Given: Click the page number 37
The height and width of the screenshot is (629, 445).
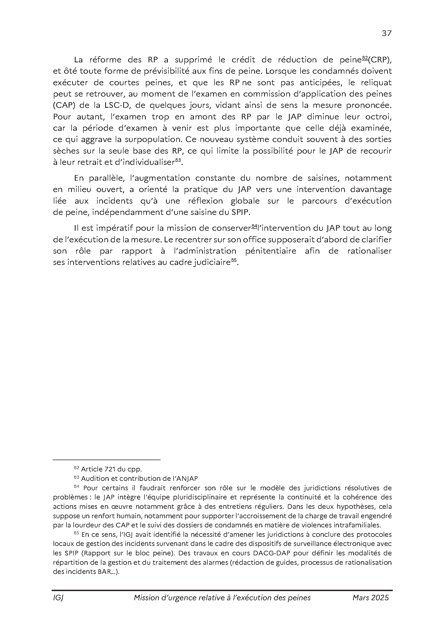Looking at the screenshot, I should coord(387,33).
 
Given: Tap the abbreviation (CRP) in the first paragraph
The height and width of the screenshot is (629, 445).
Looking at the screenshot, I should coord(380,60).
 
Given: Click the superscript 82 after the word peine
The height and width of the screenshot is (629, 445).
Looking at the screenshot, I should coord(365,58).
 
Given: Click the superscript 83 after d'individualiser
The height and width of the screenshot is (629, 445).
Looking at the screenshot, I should coord(178,161).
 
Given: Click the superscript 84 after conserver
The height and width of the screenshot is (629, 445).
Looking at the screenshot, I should coord(254,226).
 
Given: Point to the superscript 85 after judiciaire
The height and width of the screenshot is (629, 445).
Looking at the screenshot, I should coord(234,261).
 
